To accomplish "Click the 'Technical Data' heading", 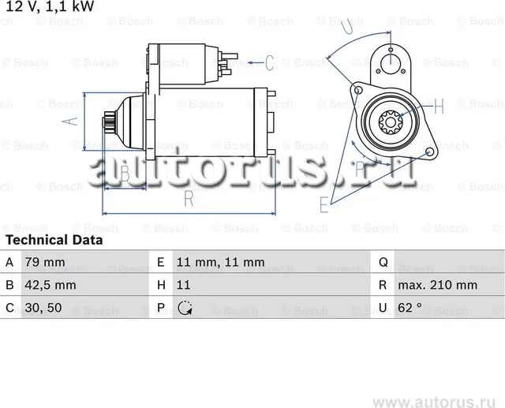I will click(x=54, y=239).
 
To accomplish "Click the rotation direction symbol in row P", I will click(x=185, y=308).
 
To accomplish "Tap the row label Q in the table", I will click(x=383, y=262).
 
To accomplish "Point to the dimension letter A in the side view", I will click(x=69, y=121).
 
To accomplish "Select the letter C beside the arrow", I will click(x=268, y=62).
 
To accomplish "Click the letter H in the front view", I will click(x=439, y=105).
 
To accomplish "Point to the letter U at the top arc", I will click(x=348, y=26).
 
